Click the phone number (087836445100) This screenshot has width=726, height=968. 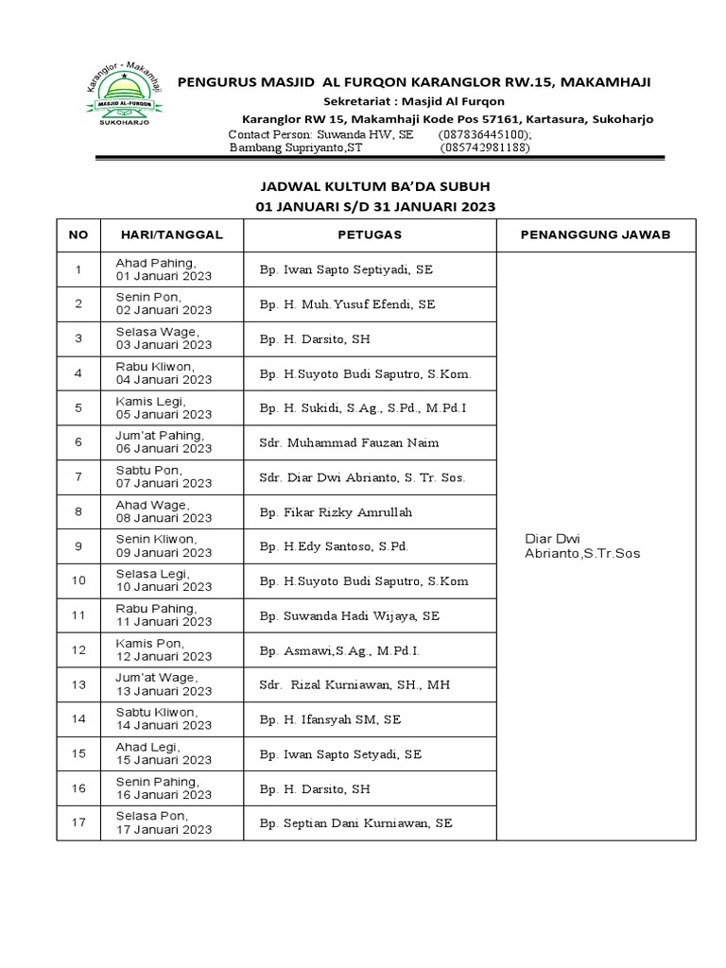click(x=487, y=134)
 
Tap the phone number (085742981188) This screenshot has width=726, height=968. click(x=485, y=147)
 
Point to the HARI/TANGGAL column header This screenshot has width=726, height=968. click(x=171, y=233)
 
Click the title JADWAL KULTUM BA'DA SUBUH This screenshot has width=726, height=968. click(x=375, y=186)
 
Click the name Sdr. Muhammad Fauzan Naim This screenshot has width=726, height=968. click(x=349, y=442)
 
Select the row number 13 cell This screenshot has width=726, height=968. click(x=78, y=684)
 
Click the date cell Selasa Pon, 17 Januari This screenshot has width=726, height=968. click(x=164, y=822)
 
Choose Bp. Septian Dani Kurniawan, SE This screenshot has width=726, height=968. click(x=355, y=822)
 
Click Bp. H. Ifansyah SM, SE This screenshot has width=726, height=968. click(x=330, y=719)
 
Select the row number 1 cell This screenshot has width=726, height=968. click(x=78, y=269)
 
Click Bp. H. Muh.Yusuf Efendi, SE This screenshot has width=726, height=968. click(x=347, y=304)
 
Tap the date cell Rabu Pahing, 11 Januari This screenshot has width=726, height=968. click(x=164, y=615)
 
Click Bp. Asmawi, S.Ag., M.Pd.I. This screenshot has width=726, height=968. click(x=339, y=650)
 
